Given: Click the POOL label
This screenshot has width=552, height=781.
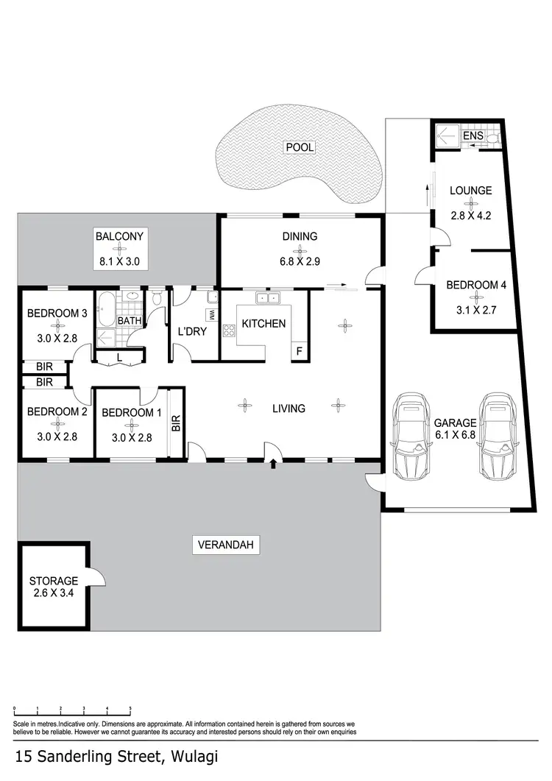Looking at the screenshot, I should (x=300, y=147).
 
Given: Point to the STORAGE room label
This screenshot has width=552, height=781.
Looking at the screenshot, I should (x=54, y=587).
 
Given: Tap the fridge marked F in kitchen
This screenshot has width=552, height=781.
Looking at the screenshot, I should (x=299, y=351).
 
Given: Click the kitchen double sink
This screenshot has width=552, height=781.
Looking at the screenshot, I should (x=267, y=298).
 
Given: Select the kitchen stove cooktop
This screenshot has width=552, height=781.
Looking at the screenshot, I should (x=228, y=329).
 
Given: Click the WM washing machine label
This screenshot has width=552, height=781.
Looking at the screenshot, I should (x=211, y=314).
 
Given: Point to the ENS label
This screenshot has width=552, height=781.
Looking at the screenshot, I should (x=472, y=136).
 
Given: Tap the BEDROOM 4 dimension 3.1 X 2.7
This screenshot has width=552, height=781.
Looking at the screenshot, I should (x=476, y=310).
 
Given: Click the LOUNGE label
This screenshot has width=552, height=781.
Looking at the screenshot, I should (x=470, y=191).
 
